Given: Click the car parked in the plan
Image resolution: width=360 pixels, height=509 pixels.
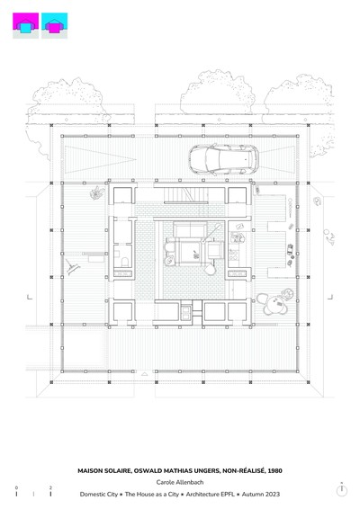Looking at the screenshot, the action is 224,159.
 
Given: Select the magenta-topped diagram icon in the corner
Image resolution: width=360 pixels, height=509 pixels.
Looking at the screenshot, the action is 26,26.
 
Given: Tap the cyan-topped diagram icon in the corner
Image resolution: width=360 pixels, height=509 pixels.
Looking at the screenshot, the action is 55,26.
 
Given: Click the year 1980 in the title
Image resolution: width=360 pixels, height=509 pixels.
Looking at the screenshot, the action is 274,470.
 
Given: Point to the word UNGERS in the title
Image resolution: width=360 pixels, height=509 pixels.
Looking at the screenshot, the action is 207,470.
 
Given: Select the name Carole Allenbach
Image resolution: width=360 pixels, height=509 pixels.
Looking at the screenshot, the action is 180,482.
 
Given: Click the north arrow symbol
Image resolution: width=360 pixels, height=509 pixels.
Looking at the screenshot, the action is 341,489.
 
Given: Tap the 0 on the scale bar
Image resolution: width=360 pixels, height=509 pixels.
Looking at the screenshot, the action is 16,488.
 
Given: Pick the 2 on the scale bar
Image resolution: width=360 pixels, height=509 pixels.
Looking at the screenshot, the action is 50,488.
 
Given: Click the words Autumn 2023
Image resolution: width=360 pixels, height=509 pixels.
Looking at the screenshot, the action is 261,495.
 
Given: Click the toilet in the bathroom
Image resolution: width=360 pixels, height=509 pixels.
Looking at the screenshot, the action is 125,262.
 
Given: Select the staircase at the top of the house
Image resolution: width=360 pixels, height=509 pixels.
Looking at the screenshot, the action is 185,195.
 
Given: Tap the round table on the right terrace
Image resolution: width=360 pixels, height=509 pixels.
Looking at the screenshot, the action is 275,306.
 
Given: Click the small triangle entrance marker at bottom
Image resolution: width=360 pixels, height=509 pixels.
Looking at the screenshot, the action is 145,374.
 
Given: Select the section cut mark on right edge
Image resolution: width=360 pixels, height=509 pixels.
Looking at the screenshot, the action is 330,297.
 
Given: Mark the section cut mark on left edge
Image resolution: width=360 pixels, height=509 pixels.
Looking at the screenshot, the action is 29,297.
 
